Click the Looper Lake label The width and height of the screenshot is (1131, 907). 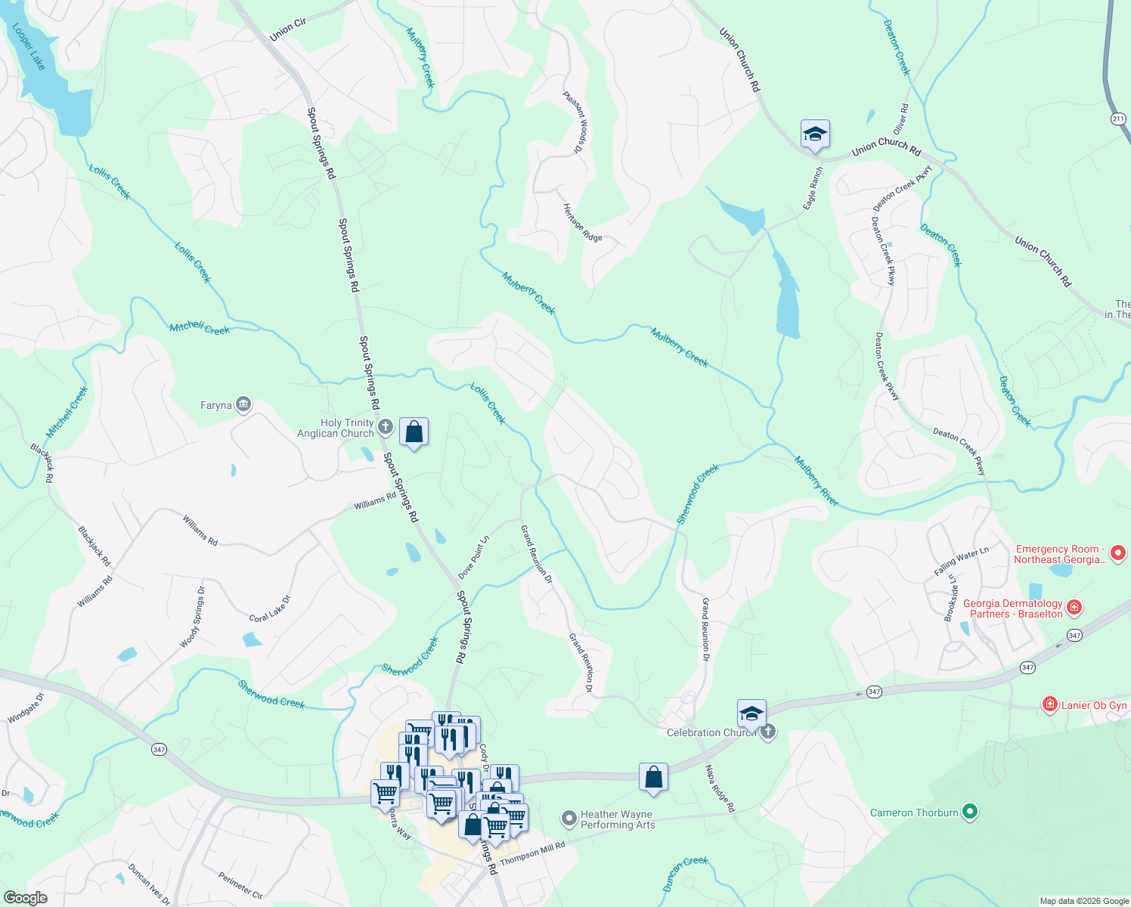(x=29, y=47)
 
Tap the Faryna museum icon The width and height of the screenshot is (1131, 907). (x=243, y=405)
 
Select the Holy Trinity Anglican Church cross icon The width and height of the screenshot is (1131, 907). (x=385, y=428)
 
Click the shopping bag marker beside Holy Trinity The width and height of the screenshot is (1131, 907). (x=414, y=432)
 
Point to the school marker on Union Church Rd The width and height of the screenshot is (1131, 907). (x=815, y=135)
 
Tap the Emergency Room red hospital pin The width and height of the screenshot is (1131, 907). (x=1118, y=554)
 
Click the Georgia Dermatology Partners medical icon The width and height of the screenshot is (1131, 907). (x=1074, y=608)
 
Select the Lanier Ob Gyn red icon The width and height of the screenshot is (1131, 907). (x=1049, y=705)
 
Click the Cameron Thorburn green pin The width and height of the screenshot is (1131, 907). (x=970, y=813)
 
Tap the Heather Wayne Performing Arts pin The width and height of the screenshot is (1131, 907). (x=569, y=819)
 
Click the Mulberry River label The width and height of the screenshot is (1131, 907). (x=816, y=481)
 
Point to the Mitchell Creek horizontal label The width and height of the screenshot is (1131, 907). (x=200, y=328)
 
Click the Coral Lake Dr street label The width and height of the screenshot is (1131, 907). (x=270, y=609)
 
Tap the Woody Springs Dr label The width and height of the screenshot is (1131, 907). (x=192, y=618)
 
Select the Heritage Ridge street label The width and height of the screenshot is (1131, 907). (x=582, y=223)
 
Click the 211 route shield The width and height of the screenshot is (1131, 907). (x=1118, y=119)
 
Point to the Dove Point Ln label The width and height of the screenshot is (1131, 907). (x=474, y=558)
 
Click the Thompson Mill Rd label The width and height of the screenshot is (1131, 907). (x=532, y=854)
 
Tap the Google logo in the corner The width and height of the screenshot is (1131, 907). (x=26, y=898)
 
